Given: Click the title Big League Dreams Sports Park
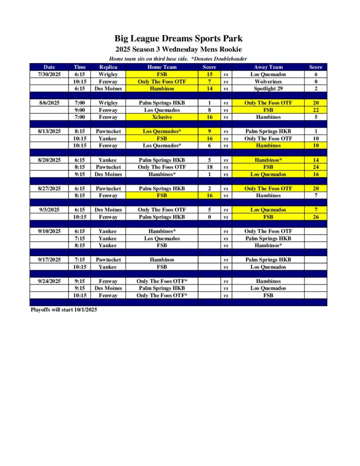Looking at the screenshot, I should (178, 38).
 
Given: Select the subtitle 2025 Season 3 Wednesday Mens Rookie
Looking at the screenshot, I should (178, 49).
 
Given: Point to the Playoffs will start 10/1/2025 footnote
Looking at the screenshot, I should (64, 309).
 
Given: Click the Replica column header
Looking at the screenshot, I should (108, 67).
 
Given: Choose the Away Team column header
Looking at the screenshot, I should (268, 67).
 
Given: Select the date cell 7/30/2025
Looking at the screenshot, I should (49, 74).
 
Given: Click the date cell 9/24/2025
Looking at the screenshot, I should (49, 281).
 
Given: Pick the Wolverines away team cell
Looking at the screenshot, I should (268, 81).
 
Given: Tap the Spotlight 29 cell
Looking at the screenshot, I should (268, 89).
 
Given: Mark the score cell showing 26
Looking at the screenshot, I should (315, 217).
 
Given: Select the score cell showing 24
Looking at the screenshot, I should (315, 167).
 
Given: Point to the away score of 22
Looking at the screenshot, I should (315, 110).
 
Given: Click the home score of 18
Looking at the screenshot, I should (209, 167).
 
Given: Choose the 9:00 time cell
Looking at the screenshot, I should (80, 110).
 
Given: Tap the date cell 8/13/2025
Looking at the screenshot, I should (49, 131).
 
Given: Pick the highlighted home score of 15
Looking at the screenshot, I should (209, 74).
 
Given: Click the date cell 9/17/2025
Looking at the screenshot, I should (49, 260).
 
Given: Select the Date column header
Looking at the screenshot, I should (49, 67).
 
